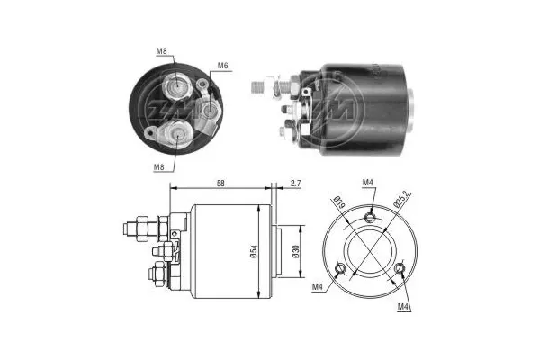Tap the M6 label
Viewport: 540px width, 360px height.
(222, 66)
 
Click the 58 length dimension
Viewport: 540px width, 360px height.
(220, 183)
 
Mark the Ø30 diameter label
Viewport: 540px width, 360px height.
(296, 252)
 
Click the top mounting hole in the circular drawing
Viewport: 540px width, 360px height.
(370, 216)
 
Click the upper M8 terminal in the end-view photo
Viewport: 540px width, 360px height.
(176, 88)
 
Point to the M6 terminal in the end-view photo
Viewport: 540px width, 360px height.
(209, 109)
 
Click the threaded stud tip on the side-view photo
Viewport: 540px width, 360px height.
(253, 86)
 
